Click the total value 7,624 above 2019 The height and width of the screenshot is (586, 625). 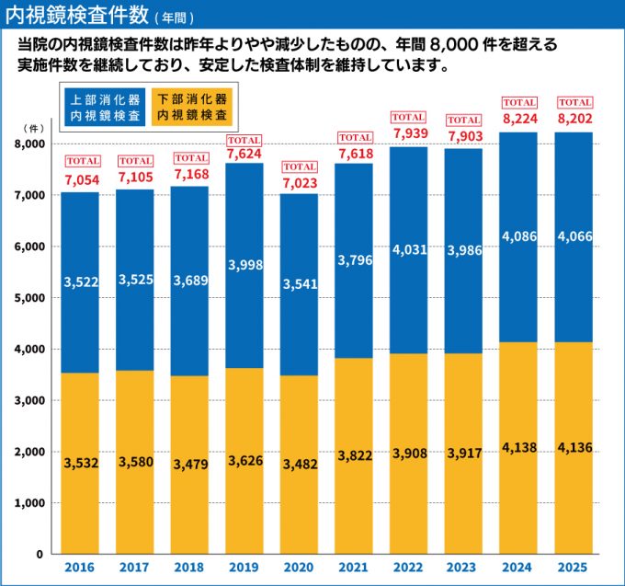tap(244, 155)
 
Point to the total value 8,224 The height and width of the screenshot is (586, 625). tap(518, 119)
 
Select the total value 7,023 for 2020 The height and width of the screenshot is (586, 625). tap(300, 182)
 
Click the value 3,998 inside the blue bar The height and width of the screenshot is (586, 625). tap(244, 265)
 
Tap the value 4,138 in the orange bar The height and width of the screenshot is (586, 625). tap(518, 448)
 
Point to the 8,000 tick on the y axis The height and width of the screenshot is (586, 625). tap(30, 144)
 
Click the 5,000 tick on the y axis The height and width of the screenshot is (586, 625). tap(30, 298)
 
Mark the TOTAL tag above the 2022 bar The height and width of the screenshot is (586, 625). tap(409, 117)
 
